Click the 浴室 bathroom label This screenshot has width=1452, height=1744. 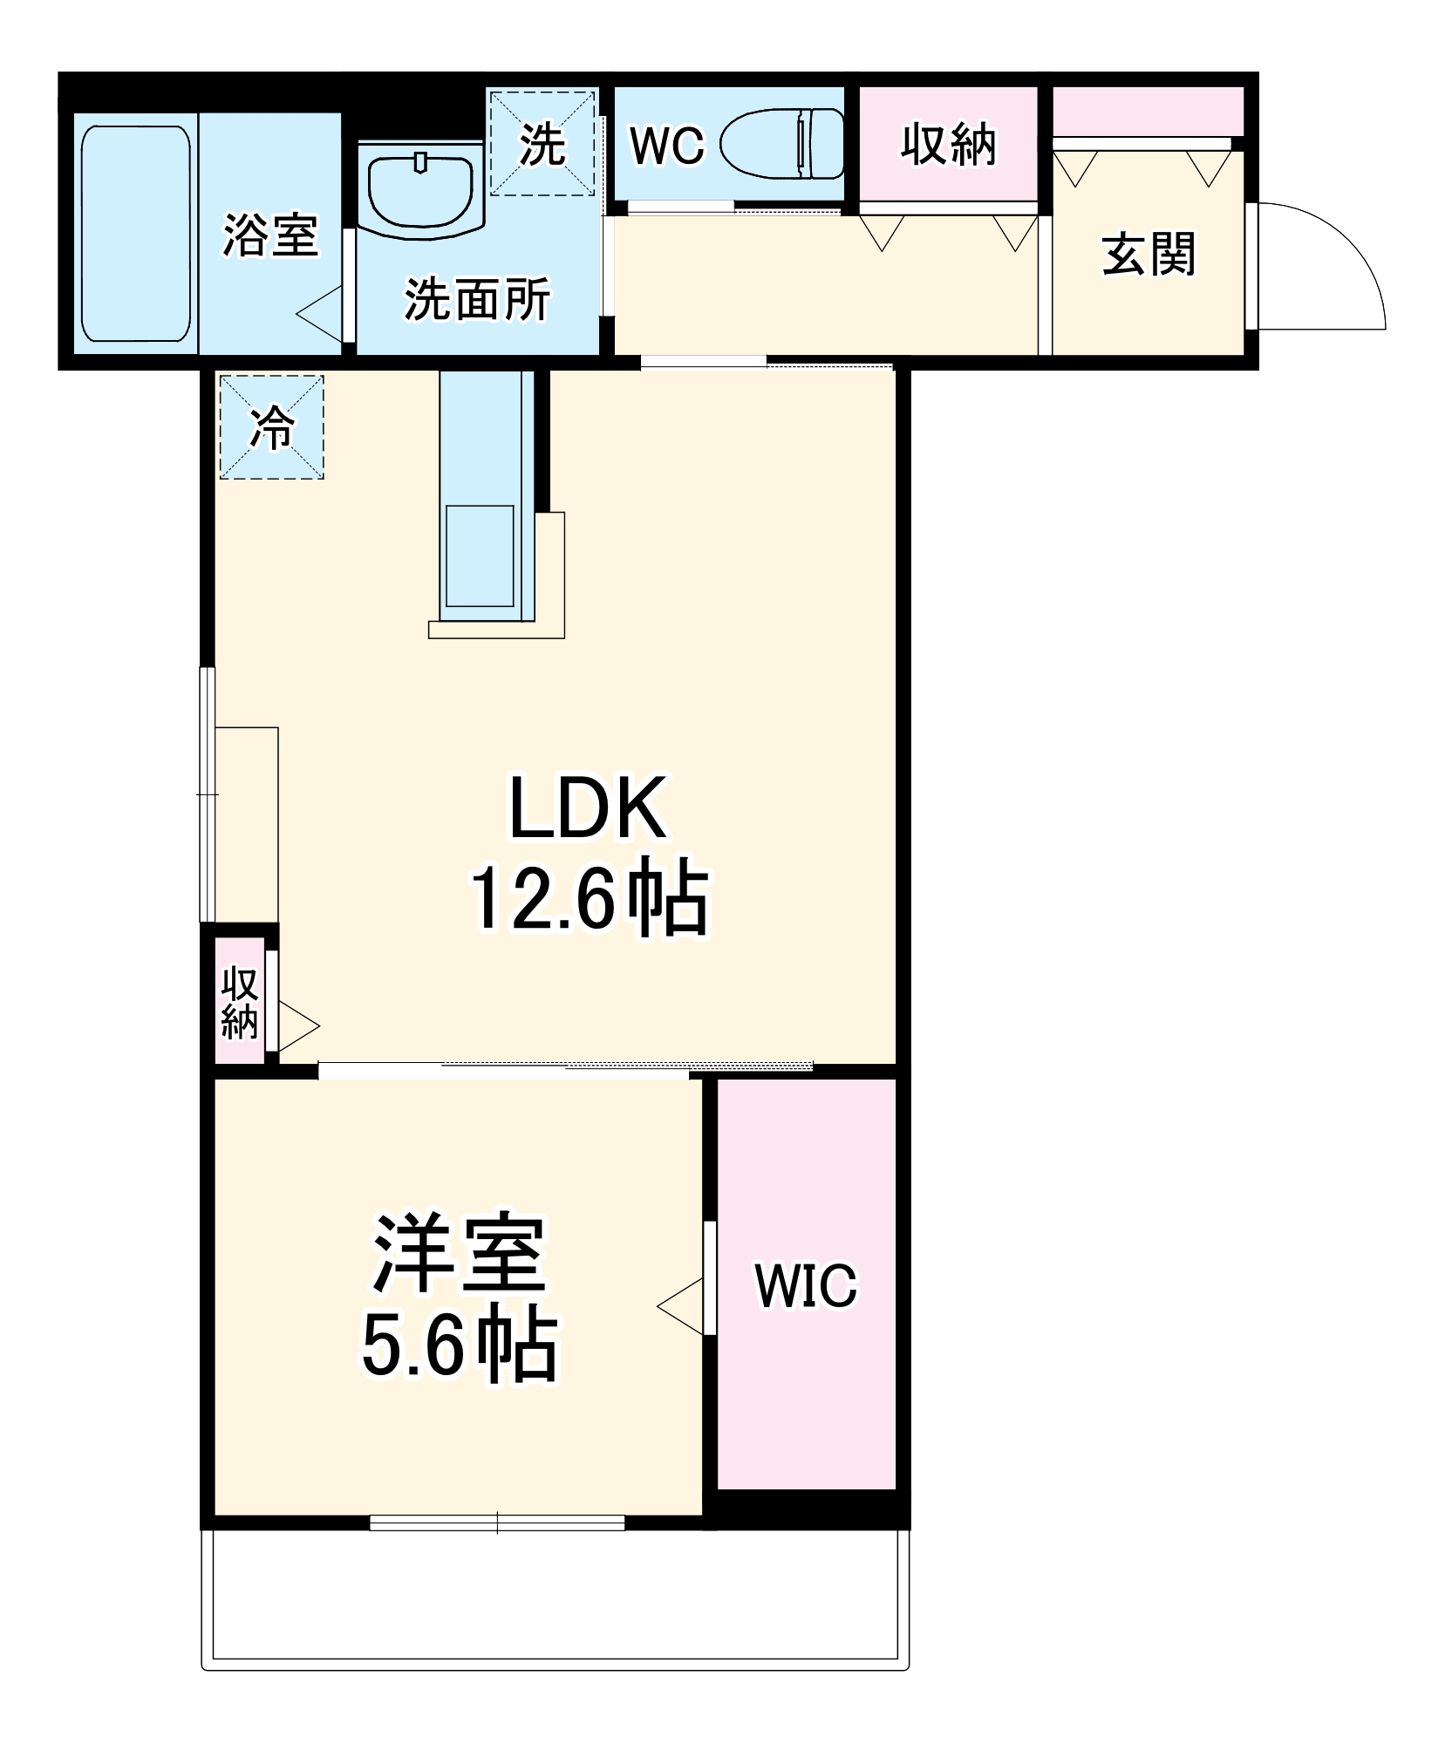point(270,235)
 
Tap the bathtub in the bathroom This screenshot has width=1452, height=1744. point(135,233)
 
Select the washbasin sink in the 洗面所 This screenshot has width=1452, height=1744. point(423,187)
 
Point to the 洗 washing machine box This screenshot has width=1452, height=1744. point(542,143)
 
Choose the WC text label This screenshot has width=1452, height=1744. point(666,146)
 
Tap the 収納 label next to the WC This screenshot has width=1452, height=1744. point(948,144)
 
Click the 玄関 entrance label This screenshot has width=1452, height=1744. point(1148,255)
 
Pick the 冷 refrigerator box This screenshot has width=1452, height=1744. point(271,426)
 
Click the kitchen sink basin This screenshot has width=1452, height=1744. point(479,555)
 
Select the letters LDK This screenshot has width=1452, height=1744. point(590,808)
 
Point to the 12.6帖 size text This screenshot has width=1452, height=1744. point(590,898)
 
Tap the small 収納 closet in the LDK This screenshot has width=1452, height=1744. point(239,1002)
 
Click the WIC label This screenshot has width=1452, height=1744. point(806,1285)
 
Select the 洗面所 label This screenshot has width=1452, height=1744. point(476,300)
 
